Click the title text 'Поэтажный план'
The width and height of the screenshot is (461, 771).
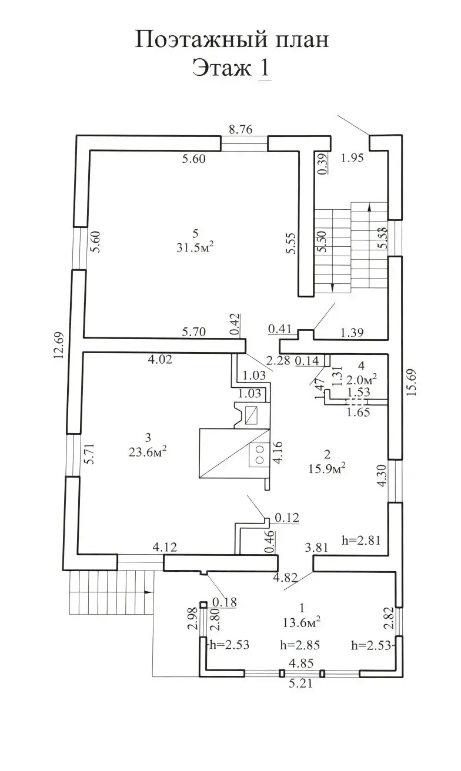(x=231, y=40)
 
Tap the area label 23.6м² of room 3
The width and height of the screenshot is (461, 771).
(x=148, y=451)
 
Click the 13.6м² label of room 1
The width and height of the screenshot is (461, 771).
(x=302, y=621)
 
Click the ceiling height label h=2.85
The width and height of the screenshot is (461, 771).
(x=300, y=645)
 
